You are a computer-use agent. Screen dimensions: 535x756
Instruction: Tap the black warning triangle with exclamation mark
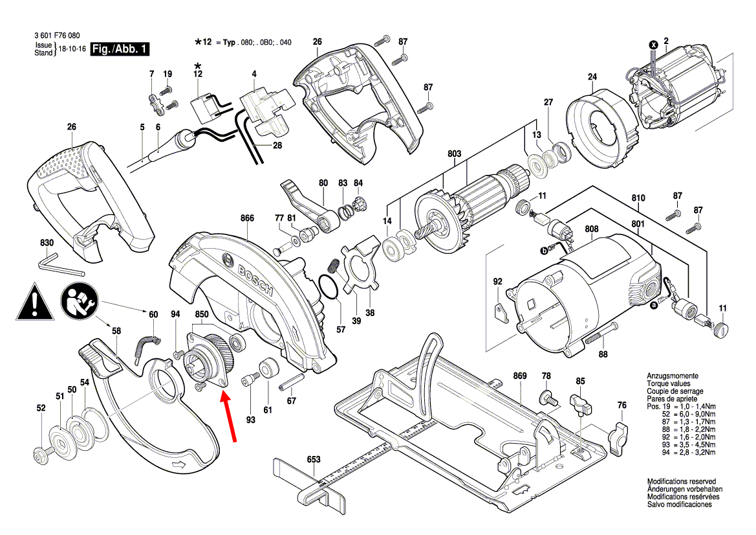(32, 301)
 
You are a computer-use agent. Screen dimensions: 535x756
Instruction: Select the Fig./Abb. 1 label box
(120, 49)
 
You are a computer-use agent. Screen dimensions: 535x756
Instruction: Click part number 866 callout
(246, 219)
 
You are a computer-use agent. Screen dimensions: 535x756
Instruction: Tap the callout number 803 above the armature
(455, 154)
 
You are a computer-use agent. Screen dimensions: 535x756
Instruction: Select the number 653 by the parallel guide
(314, 459)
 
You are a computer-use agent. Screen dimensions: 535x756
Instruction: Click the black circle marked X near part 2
(653, 45)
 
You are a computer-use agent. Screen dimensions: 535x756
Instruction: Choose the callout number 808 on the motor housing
(592, 229)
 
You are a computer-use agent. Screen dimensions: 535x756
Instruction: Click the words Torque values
(668, 383)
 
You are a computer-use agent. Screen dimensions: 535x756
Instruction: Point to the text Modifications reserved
(681, 482)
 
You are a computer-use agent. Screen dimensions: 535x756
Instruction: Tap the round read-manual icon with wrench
(80, 301)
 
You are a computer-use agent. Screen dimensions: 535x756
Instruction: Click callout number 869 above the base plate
(521, 375)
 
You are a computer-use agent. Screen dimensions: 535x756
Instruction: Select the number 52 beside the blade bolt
(41, 408)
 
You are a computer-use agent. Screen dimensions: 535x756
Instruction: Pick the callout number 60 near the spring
(153, 315)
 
